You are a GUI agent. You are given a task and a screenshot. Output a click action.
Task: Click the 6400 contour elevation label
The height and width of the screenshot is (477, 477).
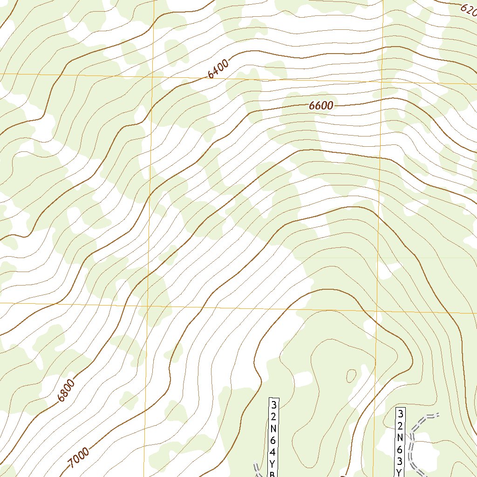point(218,69)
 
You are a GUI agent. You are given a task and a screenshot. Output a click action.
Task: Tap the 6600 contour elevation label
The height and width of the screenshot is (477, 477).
point(321,106)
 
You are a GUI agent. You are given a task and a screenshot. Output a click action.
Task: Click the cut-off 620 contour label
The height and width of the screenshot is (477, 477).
point(468,8)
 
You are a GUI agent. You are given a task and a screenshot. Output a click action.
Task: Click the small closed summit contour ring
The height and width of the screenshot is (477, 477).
point(351,375)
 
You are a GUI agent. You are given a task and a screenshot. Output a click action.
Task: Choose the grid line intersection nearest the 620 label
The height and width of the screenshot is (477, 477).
point(382,82)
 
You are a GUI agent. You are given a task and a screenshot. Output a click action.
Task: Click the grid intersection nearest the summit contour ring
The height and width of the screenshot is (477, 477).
point(377,311)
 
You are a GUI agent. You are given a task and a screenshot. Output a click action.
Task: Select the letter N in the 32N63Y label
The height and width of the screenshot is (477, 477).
point(400,437)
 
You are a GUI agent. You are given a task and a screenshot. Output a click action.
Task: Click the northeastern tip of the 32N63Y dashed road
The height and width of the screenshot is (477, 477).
point(438,414)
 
